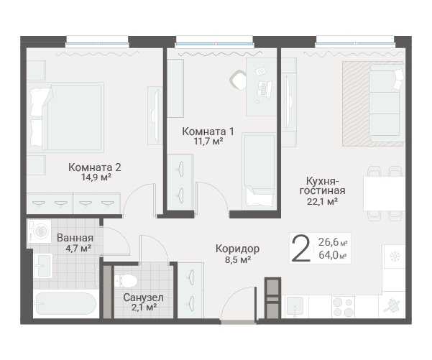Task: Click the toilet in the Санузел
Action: (126, 281)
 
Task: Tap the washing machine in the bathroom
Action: (39, 231)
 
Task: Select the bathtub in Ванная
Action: (65, 303)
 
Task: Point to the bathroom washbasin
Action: (43, 266)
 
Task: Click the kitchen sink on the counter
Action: (295, 306)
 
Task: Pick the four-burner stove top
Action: (343, 307)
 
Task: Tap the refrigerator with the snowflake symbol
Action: (394, 257)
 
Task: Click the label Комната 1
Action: (208, 131)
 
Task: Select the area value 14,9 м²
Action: (96, 177)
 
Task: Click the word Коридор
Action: (237, 249)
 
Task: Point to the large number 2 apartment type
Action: (301, 249)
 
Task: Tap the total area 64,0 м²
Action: (333, 255)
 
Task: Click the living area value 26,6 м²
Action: (333, 242)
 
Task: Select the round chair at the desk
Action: (238, 80)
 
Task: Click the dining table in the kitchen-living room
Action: (384, 193)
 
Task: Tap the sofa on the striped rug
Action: (387, 103)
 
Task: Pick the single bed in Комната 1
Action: (259, 171)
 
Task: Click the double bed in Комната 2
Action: (65, 117)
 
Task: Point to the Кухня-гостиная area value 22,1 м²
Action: (322, 202)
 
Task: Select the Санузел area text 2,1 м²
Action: (144, 307)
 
